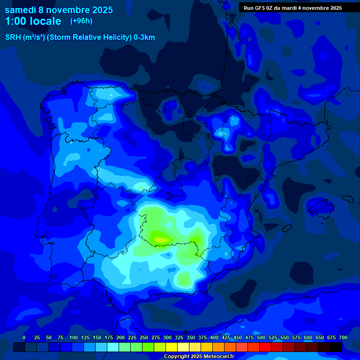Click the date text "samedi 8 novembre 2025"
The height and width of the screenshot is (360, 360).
coord(59,10)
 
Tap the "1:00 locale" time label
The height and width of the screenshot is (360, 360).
coord(33,21)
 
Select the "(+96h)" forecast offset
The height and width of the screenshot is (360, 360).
coord(81,21)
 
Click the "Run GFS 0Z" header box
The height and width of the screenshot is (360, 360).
coord(292,7)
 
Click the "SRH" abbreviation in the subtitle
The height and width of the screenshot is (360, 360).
coord(13,37)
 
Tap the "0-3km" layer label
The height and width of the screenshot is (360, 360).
coord(144,37)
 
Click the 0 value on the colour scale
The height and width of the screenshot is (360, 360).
coord(24,338)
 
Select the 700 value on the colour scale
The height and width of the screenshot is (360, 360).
coord(343,338)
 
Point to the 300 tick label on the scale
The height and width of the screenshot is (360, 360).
coord(167,338)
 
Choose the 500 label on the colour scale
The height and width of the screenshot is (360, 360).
coord(261,338)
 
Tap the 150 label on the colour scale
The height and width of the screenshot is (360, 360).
coord(97,338)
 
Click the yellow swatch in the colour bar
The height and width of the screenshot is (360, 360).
coord(172,347)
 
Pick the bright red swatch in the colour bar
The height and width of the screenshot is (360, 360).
coord(265,347)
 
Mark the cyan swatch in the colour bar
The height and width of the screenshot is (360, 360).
coord(113,347)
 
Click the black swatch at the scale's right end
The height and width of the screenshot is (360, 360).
coord(336,347)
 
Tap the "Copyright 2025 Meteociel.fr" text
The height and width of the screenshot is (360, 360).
coord(199,357)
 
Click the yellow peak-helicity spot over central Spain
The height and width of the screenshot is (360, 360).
coord(160,240)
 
